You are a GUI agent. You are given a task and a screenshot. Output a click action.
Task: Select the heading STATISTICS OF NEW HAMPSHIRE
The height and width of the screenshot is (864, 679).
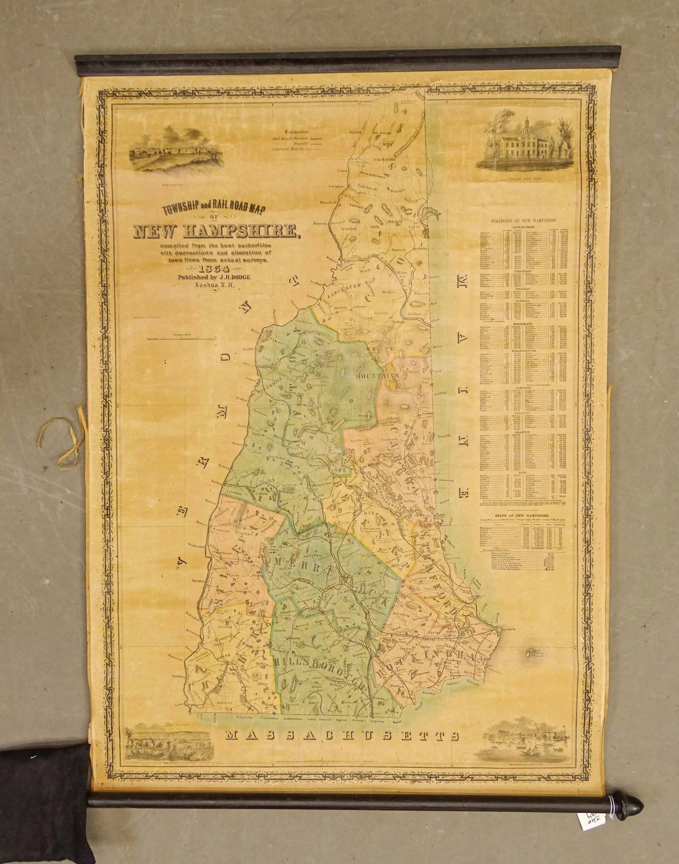tap(524, 221)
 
